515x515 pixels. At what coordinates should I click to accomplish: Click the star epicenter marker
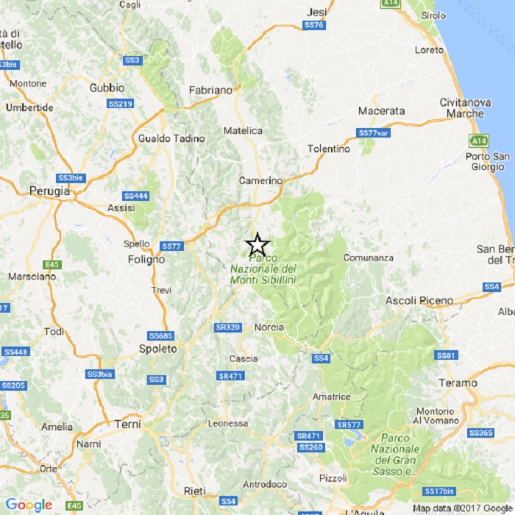point(257,244)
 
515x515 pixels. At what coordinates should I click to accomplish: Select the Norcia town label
point(269,327)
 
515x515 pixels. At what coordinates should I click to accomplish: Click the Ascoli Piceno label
point(419,300)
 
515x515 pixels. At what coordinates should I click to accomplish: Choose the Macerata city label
point(381,111)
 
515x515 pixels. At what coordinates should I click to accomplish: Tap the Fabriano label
point(210,90)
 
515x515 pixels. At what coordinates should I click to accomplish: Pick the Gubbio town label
point(107,88)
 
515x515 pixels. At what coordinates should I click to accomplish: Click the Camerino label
point(260,180)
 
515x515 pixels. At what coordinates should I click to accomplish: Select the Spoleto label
point(158,349)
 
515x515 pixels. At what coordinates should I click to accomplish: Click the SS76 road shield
point(313,25)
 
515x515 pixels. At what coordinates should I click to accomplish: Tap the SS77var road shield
point(373,132)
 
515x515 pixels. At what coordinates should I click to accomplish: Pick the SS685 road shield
point(160,335)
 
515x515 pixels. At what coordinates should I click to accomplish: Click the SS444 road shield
point(136,196)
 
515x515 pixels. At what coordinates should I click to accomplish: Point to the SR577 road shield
point(348,425)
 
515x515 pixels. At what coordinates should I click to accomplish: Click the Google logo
point(29,505)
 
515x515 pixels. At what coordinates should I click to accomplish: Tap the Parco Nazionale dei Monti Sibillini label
point(263,269)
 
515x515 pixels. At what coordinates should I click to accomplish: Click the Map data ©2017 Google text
point(461,508)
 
